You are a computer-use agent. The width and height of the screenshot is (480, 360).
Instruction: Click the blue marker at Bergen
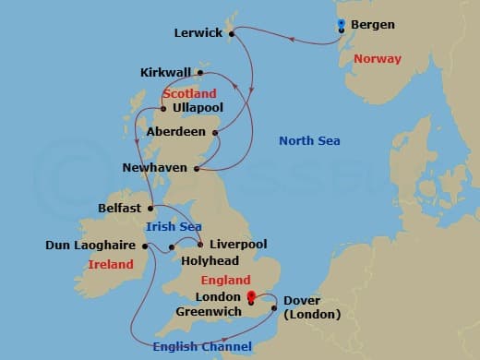coord(341,25)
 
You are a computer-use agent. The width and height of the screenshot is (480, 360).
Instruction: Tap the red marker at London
coord(250,297)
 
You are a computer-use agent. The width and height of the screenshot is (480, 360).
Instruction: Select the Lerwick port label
coord(198,33)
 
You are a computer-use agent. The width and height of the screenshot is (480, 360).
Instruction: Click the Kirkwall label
coord(165,72)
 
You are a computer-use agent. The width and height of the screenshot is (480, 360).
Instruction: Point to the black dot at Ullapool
coord(162,108)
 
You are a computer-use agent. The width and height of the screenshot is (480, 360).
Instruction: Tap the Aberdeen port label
coord(176,132)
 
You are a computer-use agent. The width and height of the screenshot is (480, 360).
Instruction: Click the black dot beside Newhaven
coord(198,168)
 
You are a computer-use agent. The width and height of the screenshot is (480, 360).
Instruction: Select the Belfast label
coord(120,209)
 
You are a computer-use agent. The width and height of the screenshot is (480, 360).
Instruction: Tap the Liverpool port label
coord(238,245)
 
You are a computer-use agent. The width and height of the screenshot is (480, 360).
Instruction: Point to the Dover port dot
coord(274,307)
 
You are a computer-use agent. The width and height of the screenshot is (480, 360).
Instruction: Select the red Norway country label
coord(378,59)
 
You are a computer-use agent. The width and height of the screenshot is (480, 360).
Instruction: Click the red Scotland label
coord(189,93)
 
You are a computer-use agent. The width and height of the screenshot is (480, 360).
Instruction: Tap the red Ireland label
coord(110,265)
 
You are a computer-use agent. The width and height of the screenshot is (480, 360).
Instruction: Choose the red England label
coord(224,280)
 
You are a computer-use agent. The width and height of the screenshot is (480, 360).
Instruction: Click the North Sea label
coord(309,141)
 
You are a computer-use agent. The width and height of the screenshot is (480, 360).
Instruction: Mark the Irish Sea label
coord(174,227)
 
